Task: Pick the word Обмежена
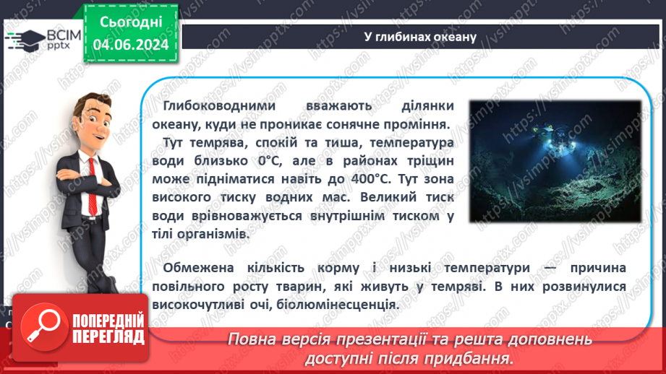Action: tap(192, 269)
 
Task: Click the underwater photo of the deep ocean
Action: tap(555, 161)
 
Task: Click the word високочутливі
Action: tap(206, 304)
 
